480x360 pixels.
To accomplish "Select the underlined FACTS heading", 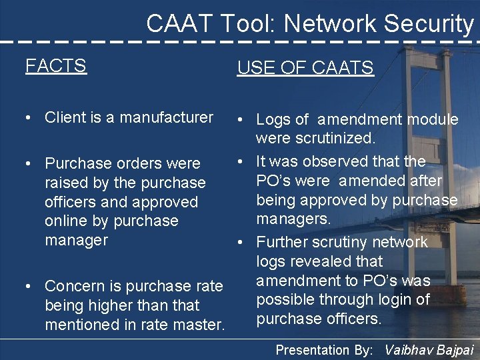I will pyautogui.click(x=56, y=65).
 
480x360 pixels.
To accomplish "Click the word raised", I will pyautogui.click(x=65, y=183).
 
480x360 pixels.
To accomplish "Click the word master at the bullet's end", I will pyautogui.click(x=201, y=325).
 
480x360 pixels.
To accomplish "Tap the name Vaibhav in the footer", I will pyautogui.click(x=412, y=349).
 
